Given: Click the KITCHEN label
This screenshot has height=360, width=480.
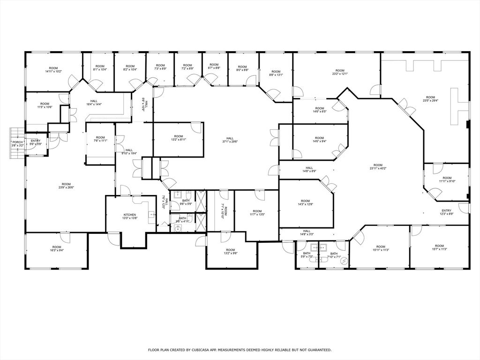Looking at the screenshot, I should click(x=130, y=215).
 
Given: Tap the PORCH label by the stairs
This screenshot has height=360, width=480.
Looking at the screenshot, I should click(x=17, y=142).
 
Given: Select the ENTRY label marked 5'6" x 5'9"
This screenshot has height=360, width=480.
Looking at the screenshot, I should click(x=36, y=141).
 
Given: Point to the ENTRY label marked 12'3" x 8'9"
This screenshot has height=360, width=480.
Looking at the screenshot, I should click(x=446, y=211).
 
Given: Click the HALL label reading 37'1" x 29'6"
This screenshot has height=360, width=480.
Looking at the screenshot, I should click(x=230, y=139).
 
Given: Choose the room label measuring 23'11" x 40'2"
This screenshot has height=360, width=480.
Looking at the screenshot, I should click(x=378, y=165).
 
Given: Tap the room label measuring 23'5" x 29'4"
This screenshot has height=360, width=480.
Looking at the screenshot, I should click(x=430, y=97).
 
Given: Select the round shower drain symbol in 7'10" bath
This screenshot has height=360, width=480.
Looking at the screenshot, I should click(x=345, y=261).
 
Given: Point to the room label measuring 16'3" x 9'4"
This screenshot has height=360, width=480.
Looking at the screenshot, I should click(x=57, y=247).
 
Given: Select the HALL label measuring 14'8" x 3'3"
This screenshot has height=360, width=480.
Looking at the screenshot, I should click(x=307, y=231).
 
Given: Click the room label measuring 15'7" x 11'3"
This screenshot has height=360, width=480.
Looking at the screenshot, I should click(x=439, y=246).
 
